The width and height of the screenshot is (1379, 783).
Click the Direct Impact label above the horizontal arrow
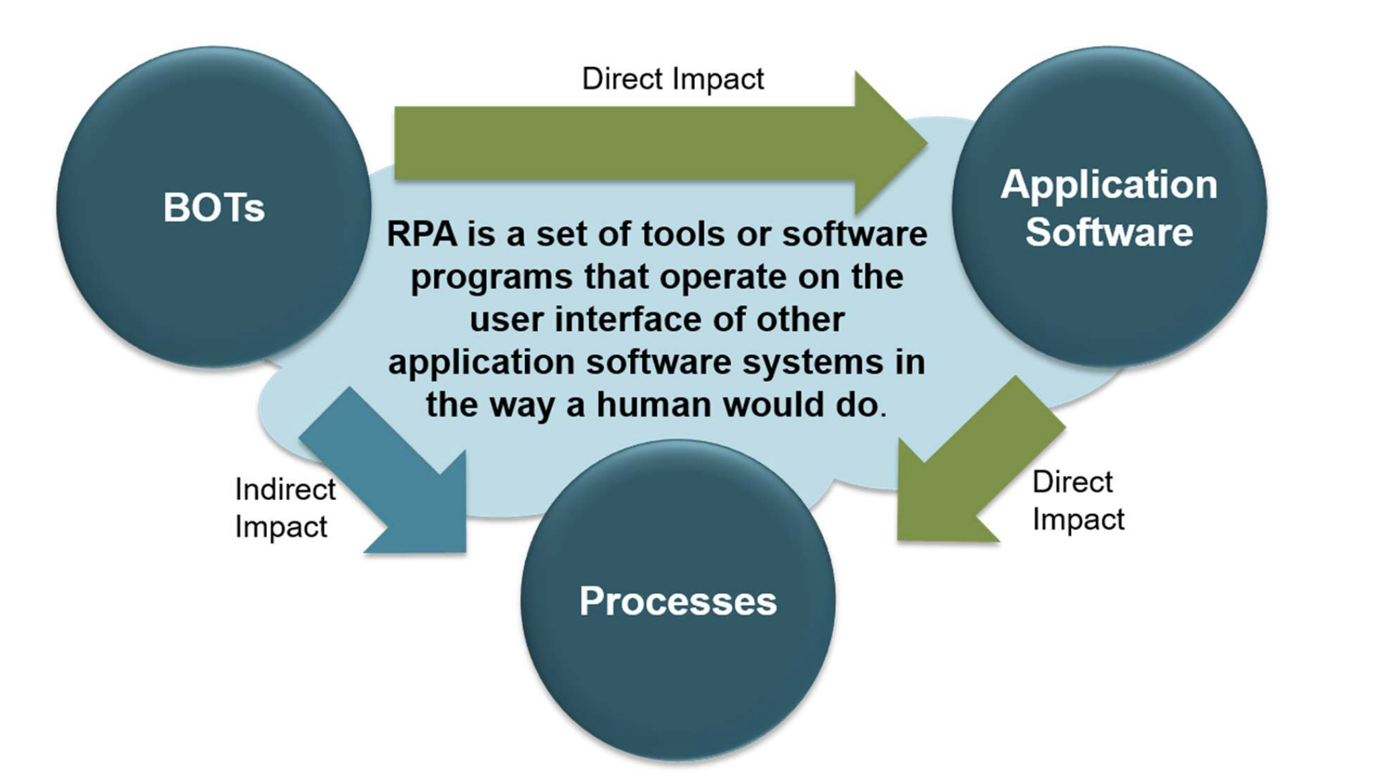pyautogui.click(x=673, y=79)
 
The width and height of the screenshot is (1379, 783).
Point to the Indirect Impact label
pyautogui.click(x=285, y=508)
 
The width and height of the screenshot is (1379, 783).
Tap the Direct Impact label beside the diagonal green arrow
pyautogui.click(x=1078, y=501)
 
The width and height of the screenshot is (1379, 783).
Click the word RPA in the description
pyautogui.click(x=422, y=234)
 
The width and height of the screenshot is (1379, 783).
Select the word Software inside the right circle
pyautogui.click(x=1109, y=232)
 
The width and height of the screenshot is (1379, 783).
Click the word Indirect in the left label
pyautogui.click(x=285, y=489)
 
